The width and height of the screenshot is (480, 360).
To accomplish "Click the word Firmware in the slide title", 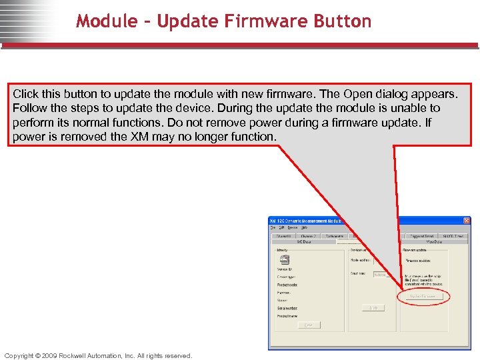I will click(x=251, y=21).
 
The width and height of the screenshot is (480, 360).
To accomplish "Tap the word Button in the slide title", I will click(x=340, y=21).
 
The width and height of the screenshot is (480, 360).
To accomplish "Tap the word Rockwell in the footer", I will click(x=77, y=355).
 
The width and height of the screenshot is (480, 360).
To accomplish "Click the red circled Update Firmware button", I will click(x=423, y=296).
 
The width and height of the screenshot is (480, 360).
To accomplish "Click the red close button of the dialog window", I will click(x=467, y=221).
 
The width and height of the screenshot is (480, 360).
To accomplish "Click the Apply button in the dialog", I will click(x=373, y=307).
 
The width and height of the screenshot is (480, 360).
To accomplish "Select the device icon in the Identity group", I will click(x=285, y=260).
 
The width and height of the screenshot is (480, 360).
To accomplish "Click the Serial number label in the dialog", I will click(x=287, y=308).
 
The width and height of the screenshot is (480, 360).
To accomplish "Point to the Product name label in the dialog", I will click(x=287, y=317).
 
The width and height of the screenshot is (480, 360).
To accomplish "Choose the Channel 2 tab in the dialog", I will click(x=309, y=236).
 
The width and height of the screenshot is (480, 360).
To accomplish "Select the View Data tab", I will click(x=434, y=242).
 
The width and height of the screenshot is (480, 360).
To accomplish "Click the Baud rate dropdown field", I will click(x=382, y=274).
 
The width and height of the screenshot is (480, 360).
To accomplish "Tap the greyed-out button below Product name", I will click(x=309, y=325).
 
